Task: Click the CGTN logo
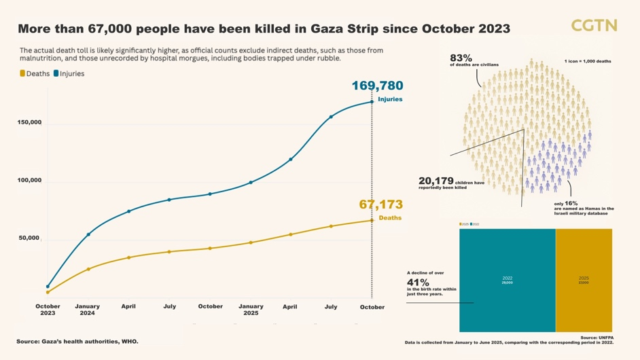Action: (593, 26)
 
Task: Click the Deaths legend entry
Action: (35, 73)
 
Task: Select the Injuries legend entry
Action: (69, 73)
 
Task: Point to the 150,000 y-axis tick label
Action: (29, 123)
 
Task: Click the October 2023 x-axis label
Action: (48, 310)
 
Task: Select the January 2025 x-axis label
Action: (251, 310)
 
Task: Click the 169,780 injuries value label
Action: (377, 86)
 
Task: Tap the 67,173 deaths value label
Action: (380, 204)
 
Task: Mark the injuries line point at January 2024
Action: (88, 234)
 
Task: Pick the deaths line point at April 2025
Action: (291, 234)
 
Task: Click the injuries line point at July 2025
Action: (332, 117)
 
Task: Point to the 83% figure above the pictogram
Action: (461, 58)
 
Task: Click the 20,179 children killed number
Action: (435, 181)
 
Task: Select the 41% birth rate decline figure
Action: (418, 283)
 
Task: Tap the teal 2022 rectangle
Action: (507, 280)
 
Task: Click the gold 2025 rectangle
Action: (584, 280)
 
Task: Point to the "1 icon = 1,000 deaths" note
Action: (588, 61)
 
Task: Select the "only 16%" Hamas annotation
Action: (565, 204)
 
